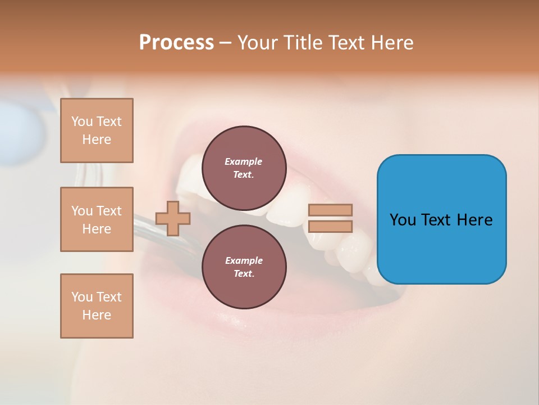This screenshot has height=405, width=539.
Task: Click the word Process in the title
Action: (176, 42)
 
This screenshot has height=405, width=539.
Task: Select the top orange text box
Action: (97, 130)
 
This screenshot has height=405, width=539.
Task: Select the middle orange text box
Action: (97, 219)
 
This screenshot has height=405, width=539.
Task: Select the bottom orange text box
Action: (97, 306)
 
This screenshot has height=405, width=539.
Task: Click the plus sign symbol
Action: (173, 218)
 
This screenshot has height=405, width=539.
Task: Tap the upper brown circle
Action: (244, 168)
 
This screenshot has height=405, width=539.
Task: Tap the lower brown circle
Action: (244, 267)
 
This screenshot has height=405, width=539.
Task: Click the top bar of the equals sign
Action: (331, 210)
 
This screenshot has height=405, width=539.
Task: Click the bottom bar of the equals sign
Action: (331, 226)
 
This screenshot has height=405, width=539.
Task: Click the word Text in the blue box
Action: (436, 220)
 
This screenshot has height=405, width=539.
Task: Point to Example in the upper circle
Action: (244, 161)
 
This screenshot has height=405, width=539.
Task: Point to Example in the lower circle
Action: (244, 260)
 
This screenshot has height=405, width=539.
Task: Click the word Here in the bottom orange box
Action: (97, 315)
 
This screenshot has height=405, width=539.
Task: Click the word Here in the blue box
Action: (474, 220)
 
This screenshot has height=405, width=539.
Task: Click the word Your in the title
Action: (256, 42)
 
